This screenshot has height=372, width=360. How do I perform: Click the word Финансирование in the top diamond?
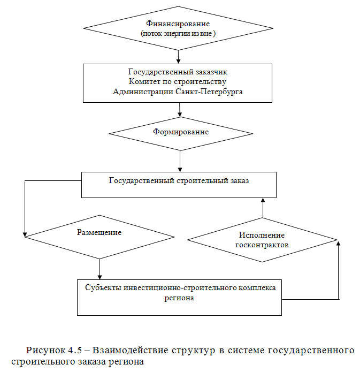178,24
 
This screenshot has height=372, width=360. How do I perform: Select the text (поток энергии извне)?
178,33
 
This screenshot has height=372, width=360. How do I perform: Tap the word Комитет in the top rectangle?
145,81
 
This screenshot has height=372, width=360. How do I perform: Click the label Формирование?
180,132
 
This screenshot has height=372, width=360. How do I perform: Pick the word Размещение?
99,232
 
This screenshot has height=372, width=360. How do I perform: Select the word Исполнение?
262,235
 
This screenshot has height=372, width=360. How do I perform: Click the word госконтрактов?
262,245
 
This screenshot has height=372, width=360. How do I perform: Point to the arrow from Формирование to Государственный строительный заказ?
180,161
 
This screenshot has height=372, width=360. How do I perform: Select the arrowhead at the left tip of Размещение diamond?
25,233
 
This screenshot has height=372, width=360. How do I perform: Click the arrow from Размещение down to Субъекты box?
100,268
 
